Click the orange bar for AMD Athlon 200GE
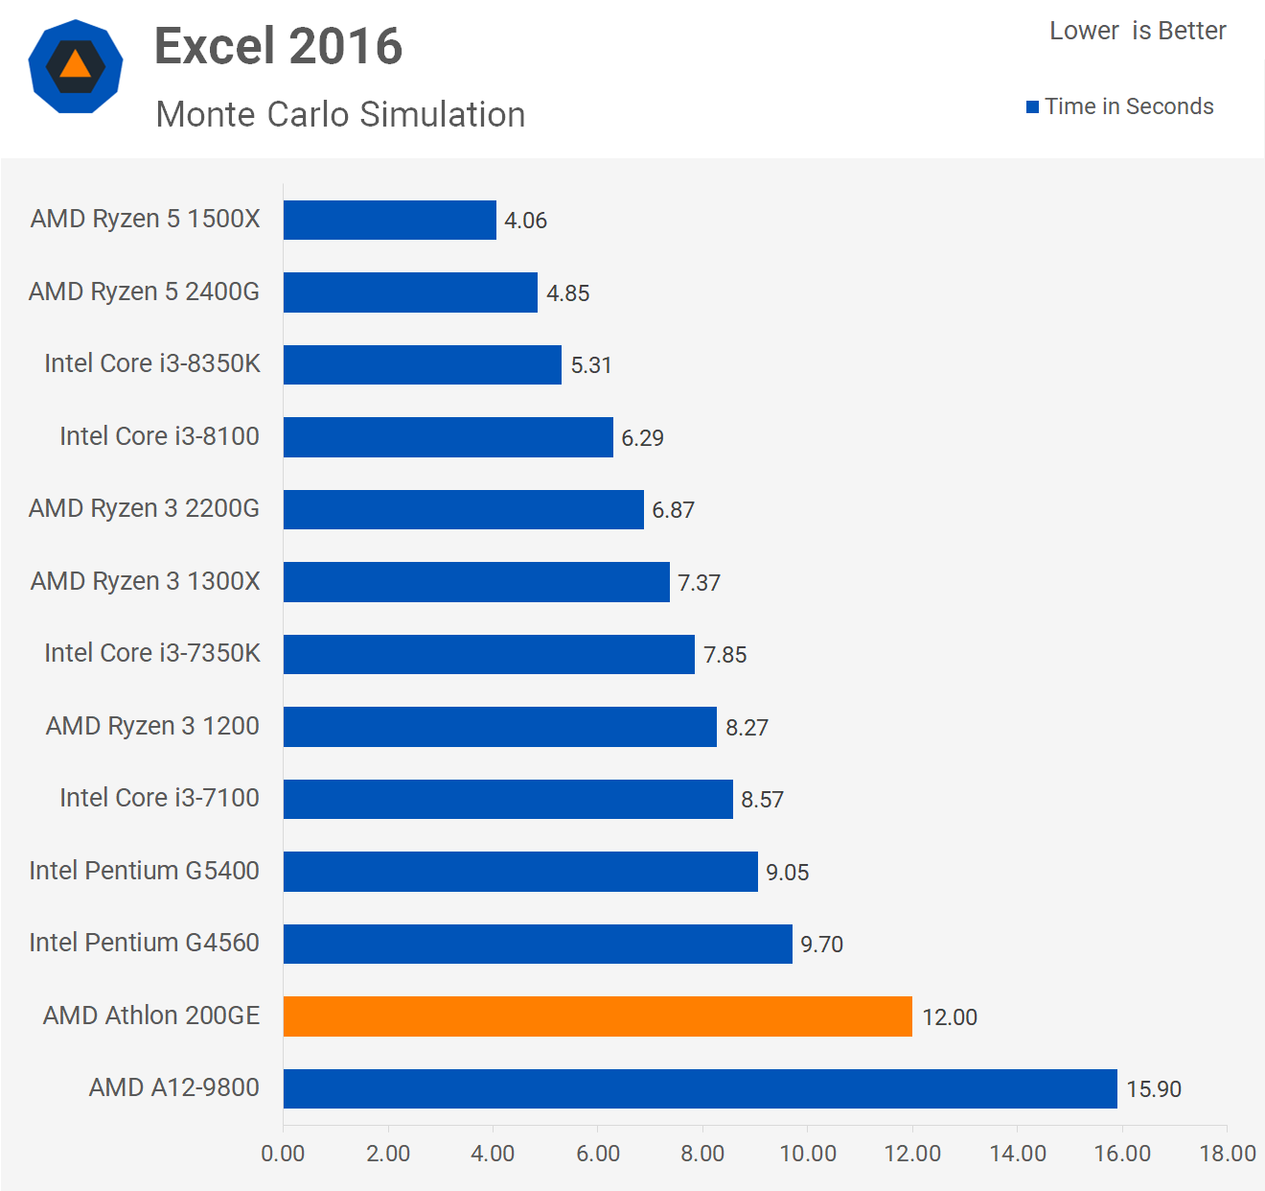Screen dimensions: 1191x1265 (x=597, y=1016)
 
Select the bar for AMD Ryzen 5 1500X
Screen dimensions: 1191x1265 (x=390, y=220)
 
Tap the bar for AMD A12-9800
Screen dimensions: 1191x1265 (x=700, y=1088)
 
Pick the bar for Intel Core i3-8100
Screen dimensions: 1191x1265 (x=448, y=437)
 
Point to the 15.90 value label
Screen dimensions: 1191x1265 (x=1153, y=1089)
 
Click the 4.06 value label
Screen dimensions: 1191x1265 (x=525, y=221)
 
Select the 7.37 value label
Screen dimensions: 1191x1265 (x=699, y=583)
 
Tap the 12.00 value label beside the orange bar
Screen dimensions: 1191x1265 (x=949, y=1017)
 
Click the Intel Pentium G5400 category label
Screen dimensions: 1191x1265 (x=144, y=871)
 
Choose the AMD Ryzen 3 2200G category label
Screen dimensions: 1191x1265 (x=144, y=508)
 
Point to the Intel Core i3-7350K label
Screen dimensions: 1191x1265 (x=151, y=653)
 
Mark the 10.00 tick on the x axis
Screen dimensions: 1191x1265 (x=808, y=1154)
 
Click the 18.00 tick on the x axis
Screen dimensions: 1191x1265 (x=1227, y=1154)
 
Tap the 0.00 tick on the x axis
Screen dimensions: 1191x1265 (x=283, y=1154)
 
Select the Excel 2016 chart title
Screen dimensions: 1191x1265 (x=278, y=46)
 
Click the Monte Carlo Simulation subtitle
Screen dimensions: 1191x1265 (x=340, y=115)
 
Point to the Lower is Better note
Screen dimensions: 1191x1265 (x=1138, y=32)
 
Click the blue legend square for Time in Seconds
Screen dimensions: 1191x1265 (x=1032, y=107)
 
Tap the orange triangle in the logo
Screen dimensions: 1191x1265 (x=75, y=65)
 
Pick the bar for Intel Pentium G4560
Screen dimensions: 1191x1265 (x=538, y=944)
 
